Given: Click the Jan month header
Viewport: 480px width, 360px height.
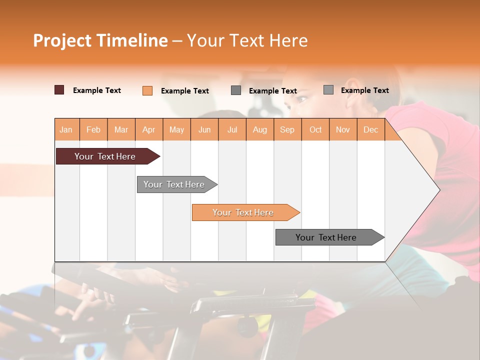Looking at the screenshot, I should (x=66, y=129).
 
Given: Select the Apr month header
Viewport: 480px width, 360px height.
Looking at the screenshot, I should (x=149, y=129).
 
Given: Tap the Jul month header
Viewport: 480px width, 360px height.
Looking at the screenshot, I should (x=232, y=129).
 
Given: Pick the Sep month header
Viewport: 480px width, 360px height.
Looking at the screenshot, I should (x=287, y=129).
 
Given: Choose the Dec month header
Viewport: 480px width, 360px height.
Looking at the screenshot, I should (x=370, y=129).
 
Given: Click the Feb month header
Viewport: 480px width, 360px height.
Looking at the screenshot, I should (x=93, y=129).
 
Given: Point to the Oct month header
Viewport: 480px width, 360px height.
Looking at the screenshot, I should (x=315, y=129).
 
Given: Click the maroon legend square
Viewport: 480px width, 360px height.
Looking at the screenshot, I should (x=59, y=90).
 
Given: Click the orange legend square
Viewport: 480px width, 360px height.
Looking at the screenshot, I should (x=147, y=90).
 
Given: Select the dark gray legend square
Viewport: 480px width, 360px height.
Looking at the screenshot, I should (x=236, y=90).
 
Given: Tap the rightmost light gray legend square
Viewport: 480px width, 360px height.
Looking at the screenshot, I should (x=328, y=90).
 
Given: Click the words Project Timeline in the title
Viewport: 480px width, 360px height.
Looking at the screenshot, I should (x=100, y=40).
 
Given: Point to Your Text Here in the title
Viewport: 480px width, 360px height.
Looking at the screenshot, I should (x=247, y=40).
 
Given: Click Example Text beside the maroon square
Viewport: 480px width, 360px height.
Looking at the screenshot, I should (x=97, y=90).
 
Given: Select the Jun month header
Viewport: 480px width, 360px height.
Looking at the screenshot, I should (x=204, y=129).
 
